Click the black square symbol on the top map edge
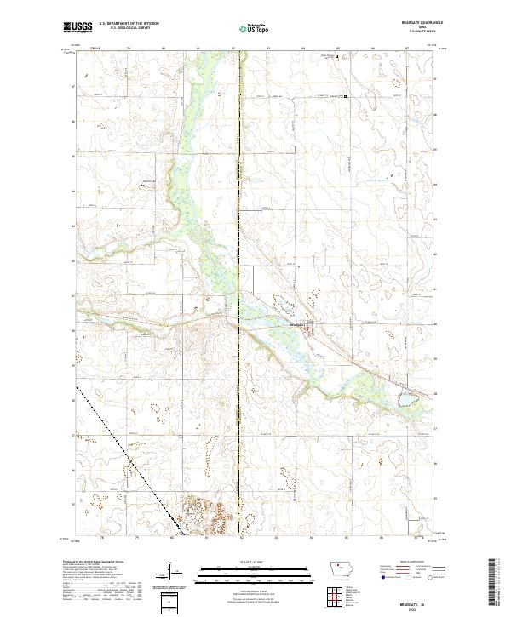[x=336, y=58]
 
